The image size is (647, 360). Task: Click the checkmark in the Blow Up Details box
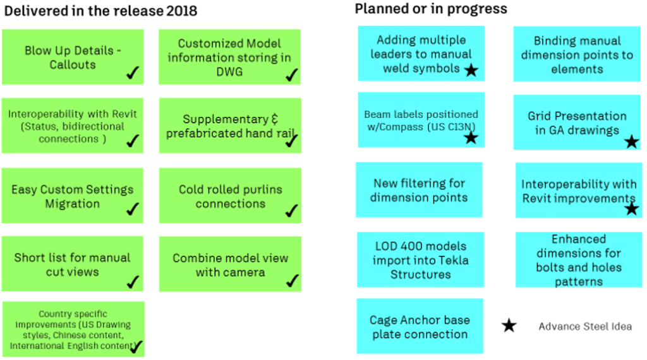click(133, 73)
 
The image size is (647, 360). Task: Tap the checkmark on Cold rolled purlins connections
click(291, 211)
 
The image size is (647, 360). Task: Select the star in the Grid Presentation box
click(631, 141)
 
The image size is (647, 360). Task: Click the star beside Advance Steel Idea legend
click(509, 326)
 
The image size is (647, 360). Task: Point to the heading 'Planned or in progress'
click(431, 9)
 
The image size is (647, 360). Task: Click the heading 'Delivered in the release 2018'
click(101, 11)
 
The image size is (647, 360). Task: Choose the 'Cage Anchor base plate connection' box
click(420, 327)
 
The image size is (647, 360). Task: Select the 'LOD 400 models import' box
click(420, 260)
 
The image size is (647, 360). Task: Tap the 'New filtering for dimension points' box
click(419, 190)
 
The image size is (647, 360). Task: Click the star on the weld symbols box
click(471, 69)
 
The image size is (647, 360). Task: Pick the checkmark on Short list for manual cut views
click(133, 281)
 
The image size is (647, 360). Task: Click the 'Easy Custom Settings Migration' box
click(73, 196)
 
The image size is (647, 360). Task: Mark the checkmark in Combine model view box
click(291, 280)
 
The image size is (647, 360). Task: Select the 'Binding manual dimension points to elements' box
click(577, 54)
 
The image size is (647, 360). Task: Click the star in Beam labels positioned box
click(471, 137)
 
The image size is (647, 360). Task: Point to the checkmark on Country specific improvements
click(136, 346)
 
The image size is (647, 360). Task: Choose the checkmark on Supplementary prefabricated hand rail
click(291, 141)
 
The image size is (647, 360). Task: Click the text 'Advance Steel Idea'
click(585, 327)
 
